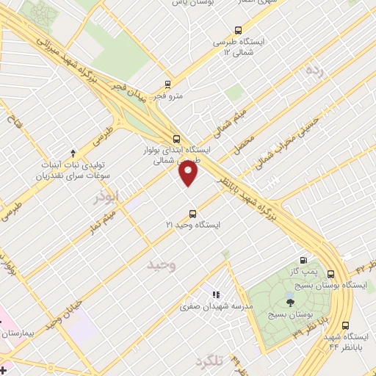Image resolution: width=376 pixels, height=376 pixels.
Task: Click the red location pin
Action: [189, 173]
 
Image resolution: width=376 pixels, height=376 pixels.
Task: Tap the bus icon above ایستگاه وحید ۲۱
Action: [192, 214]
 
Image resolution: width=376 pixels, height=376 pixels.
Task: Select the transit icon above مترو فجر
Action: [167, 84]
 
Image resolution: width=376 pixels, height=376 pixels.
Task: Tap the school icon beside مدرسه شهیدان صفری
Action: [216, 294]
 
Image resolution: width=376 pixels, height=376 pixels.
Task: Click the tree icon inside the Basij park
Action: [290, 300]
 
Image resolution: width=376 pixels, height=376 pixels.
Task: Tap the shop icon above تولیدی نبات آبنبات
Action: [73, 153]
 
